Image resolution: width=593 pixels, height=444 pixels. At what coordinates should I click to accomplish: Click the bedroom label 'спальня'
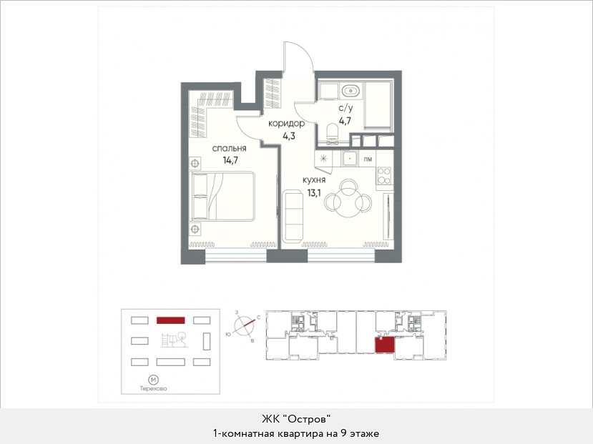(229, 149)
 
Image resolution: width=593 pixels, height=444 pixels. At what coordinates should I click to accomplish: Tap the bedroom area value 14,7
(230, 160)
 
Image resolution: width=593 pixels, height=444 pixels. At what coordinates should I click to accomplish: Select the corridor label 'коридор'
(286, 123)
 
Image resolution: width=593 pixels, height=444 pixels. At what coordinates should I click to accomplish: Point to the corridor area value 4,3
(289, 136)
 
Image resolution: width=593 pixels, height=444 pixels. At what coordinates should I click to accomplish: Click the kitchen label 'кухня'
(314, 180)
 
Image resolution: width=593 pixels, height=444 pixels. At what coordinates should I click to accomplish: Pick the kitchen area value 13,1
(314, 193)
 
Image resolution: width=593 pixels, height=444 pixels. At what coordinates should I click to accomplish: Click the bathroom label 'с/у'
(345, 109)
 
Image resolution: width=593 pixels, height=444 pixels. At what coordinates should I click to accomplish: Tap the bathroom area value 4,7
(345, 121)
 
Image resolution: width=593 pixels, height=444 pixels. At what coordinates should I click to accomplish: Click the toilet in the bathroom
(333, 134)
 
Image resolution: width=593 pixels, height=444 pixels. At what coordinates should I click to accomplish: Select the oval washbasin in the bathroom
(351, 91)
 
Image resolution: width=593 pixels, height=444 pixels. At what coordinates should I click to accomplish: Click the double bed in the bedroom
(222, 196)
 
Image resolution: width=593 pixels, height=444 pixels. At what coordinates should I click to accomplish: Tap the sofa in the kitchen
(293, 216)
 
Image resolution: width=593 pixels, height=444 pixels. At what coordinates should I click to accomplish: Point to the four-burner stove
(384, 175)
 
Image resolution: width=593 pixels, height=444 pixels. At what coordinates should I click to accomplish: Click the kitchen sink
(350, 158)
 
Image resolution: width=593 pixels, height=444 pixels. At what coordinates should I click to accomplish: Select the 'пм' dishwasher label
(368, 159)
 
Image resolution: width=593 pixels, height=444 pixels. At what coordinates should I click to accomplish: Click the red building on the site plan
(170, 320)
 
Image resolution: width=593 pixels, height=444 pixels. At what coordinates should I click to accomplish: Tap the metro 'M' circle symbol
(153, 380)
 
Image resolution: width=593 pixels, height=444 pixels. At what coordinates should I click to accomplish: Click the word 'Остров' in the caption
(308, 419)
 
